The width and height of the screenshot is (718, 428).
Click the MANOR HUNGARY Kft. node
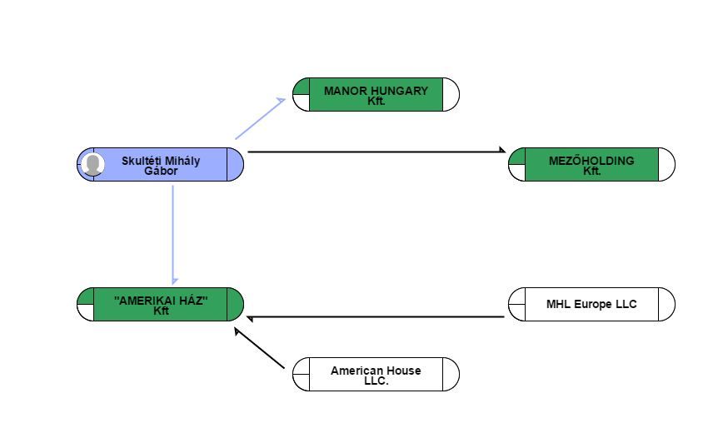[x=376, y=95]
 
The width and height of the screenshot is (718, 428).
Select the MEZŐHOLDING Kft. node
[x=591, y=164]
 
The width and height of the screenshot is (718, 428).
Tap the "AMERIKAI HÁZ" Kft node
[x=160, y=305]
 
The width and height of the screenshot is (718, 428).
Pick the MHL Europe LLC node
[x=591, y=305]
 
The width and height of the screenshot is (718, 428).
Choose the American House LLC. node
[x=376, y=375]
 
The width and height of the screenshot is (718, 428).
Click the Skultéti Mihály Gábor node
[x=160, y=164]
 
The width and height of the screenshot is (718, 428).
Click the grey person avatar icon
[x=92, y=164]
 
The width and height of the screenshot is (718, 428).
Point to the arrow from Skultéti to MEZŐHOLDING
[x=376, y=151]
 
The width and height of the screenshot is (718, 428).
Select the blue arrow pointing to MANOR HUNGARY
[x=260, y=118]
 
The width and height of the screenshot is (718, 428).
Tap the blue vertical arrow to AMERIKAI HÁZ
[x=173, y=235]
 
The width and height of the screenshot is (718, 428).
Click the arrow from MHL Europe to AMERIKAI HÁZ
[x=376, y=316]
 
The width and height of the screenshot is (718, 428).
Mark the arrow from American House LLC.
[x=259, y=348]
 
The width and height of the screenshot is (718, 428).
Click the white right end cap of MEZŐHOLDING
[x=666, y=164]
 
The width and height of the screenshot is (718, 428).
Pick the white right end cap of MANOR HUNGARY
[x=451, y=95]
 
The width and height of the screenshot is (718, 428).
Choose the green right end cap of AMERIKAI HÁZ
[x=236, y=305]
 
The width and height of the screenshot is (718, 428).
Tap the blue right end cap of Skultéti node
[x=236, y=164]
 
